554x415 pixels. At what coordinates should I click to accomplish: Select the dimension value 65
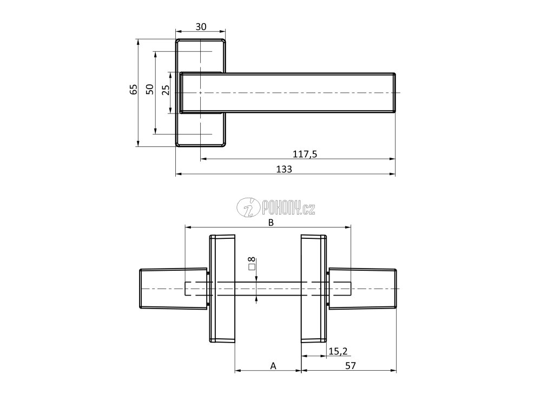tap(134, 90)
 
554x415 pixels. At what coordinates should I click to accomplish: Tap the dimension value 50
tap(150, 90)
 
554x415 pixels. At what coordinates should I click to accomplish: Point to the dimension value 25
tap(166, 90)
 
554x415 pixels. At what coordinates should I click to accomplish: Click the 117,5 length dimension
tap(305, 154)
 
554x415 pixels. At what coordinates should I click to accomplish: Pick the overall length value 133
tap(284, 169)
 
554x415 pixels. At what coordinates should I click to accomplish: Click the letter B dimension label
tap(272, 223)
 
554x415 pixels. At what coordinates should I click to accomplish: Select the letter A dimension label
tap(273, 366)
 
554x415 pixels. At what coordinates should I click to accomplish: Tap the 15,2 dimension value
tap(338, 351)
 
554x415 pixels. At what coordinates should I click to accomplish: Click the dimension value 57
tap(350, 366)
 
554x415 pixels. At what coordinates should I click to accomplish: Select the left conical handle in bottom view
tap(173, 289)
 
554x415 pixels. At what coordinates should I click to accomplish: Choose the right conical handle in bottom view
tap(362, 289)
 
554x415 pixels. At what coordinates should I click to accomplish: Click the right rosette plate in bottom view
tap(314, 289)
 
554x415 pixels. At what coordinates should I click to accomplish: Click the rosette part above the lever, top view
tap(201, 56)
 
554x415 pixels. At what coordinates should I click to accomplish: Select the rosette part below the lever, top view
tap(201, 130)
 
